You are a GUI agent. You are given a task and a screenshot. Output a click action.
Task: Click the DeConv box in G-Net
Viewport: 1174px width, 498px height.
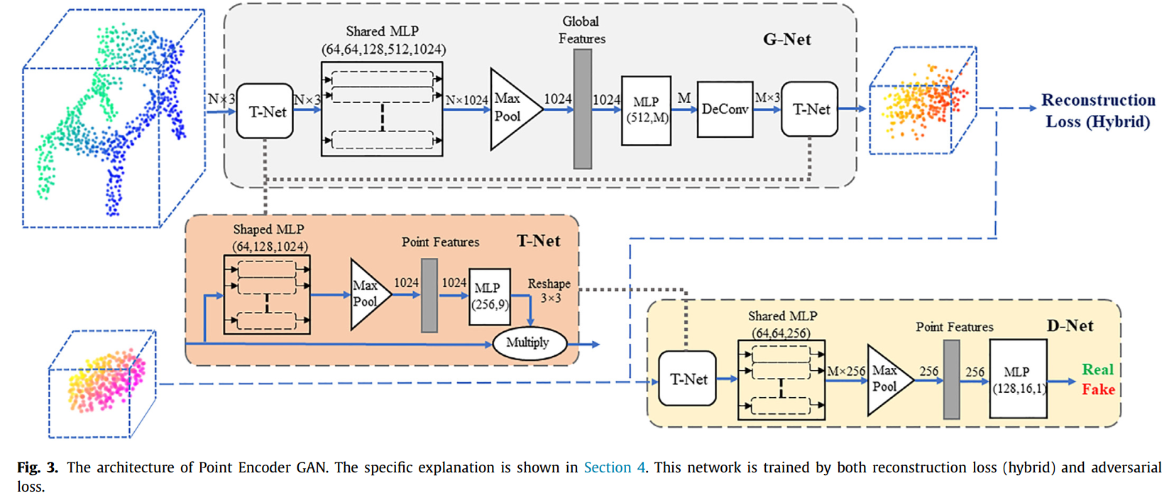pos(724,109)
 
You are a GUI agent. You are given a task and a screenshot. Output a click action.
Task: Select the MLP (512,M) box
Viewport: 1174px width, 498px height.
pos(646,110)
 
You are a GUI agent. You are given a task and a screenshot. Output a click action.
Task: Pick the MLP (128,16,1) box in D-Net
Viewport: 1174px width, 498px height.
pos(1018,379)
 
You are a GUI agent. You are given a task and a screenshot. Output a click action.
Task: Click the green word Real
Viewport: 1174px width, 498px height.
pos(1097,369)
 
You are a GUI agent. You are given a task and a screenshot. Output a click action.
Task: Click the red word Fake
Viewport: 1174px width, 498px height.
pos(1097,389)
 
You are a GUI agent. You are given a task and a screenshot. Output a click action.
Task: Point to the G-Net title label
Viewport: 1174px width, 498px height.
pos(786,40)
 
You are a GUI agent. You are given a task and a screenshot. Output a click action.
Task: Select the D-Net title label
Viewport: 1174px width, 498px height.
pos(1069,326)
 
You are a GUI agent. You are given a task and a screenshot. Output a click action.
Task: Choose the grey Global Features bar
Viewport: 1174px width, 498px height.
pos(582,109)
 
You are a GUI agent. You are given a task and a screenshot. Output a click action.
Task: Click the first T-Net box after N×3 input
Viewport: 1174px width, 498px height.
pos(265,111)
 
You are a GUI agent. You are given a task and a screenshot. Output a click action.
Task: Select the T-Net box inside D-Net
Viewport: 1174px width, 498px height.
pos(688,379)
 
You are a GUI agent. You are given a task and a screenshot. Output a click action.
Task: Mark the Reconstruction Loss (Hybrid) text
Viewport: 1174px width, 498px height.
pos(1097,111)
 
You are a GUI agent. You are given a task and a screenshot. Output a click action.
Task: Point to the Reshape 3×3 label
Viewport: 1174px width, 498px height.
pos(549,291)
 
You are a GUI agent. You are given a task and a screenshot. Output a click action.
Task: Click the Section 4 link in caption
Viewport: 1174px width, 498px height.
pos(614,467)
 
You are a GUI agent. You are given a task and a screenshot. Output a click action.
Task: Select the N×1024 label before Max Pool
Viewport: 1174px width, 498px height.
pos(466,101)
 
